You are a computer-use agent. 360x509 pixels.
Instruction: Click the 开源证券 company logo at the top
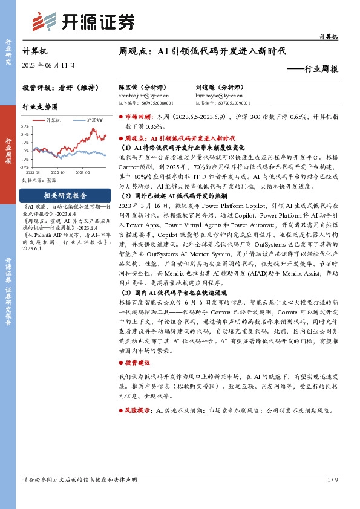point(83,22)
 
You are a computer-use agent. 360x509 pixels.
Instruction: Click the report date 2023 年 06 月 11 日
point(48,64)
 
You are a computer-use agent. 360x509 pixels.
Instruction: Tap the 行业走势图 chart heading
point(40,106)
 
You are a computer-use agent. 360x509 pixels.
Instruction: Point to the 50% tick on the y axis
point(25,126)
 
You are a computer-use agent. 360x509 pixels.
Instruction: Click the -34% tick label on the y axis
point(24,166)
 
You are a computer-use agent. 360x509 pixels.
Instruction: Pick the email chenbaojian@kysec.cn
point(143,96)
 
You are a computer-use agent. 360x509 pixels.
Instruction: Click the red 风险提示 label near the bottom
point(138,410)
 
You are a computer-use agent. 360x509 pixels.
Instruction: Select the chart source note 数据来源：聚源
point(38,180)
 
